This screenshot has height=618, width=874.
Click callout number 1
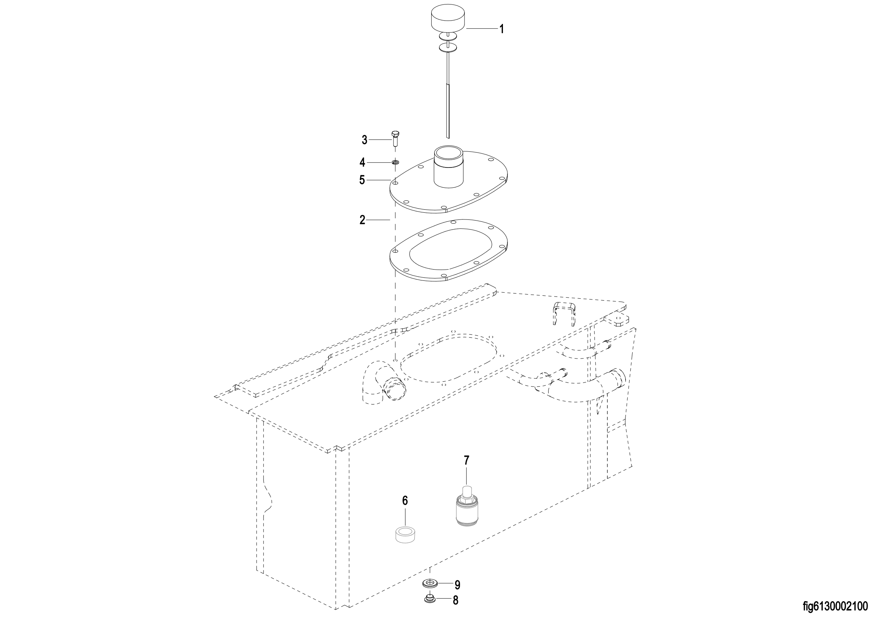[502, 29]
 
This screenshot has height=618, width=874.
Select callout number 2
[362, 220]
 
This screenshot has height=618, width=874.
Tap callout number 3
[364, 140]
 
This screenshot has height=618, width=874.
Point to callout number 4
[362, 163]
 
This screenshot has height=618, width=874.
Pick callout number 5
[362, 180]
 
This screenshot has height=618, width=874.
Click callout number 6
[405, 501]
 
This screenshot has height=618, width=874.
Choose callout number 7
[467, 460]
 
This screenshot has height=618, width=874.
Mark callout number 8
[455, 601]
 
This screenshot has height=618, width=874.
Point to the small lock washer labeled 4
[395, 163]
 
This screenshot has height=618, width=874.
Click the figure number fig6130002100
[837, 605]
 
